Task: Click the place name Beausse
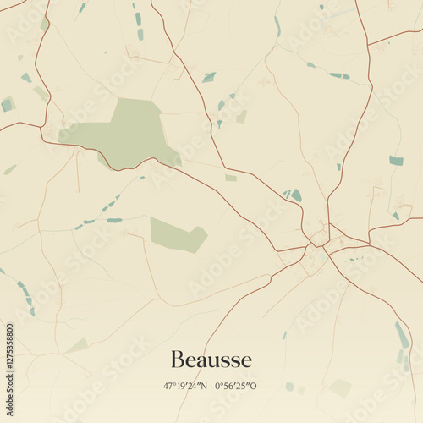211,360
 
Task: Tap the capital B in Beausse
177,360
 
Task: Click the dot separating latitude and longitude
211,386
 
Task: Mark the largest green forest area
127,134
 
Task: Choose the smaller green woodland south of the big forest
177,234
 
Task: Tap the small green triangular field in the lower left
78,345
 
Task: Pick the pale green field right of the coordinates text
340,387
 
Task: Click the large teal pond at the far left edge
8,104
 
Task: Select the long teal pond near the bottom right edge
402,334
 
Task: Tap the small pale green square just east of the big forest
231,178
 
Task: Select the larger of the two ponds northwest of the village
296,195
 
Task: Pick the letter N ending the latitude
203,386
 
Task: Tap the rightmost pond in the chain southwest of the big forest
114,221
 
